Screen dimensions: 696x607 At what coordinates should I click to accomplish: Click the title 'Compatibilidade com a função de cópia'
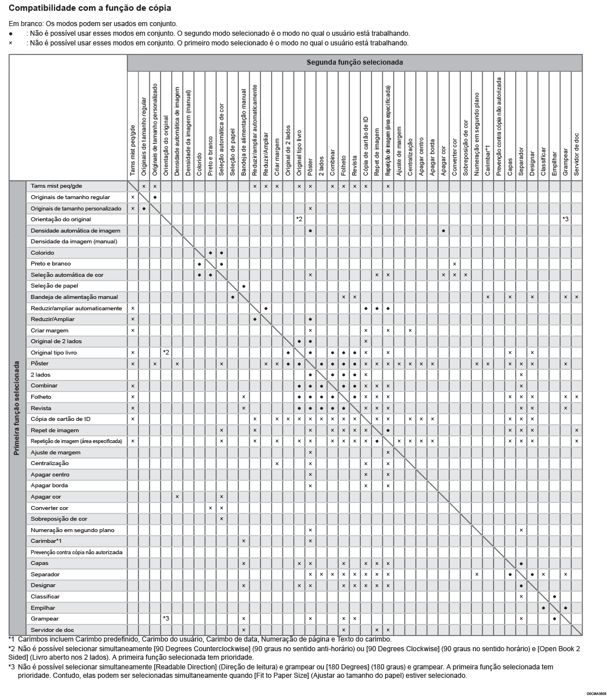[90, 9]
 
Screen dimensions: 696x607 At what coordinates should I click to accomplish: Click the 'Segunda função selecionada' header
[355, 62]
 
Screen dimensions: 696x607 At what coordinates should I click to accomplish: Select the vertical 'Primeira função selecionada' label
[17, 408]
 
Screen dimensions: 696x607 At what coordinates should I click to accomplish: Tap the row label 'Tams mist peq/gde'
[56, 186]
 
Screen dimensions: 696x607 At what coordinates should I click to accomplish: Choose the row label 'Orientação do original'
[61, 220]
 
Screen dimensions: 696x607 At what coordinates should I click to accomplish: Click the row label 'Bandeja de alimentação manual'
[74, 297]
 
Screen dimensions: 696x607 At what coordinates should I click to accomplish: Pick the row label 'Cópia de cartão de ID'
[61, 419]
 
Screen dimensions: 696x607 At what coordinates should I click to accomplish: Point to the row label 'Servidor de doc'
[52, 630]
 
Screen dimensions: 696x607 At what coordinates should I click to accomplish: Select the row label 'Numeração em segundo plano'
[73, 530]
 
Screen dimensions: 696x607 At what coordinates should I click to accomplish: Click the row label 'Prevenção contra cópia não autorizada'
[77, 552]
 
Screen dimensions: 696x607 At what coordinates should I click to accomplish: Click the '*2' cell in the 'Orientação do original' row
[299, 220]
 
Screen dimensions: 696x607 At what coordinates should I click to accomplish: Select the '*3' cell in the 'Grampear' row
[166, 619]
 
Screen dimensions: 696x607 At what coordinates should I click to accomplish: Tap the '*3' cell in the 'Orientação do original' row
[566, 220]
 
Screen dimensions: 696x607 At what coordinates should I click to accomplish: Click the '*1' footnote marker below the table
[11, 639]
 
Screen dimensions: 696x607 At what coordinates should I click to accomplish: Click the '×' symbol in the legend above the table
[11, 43]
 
